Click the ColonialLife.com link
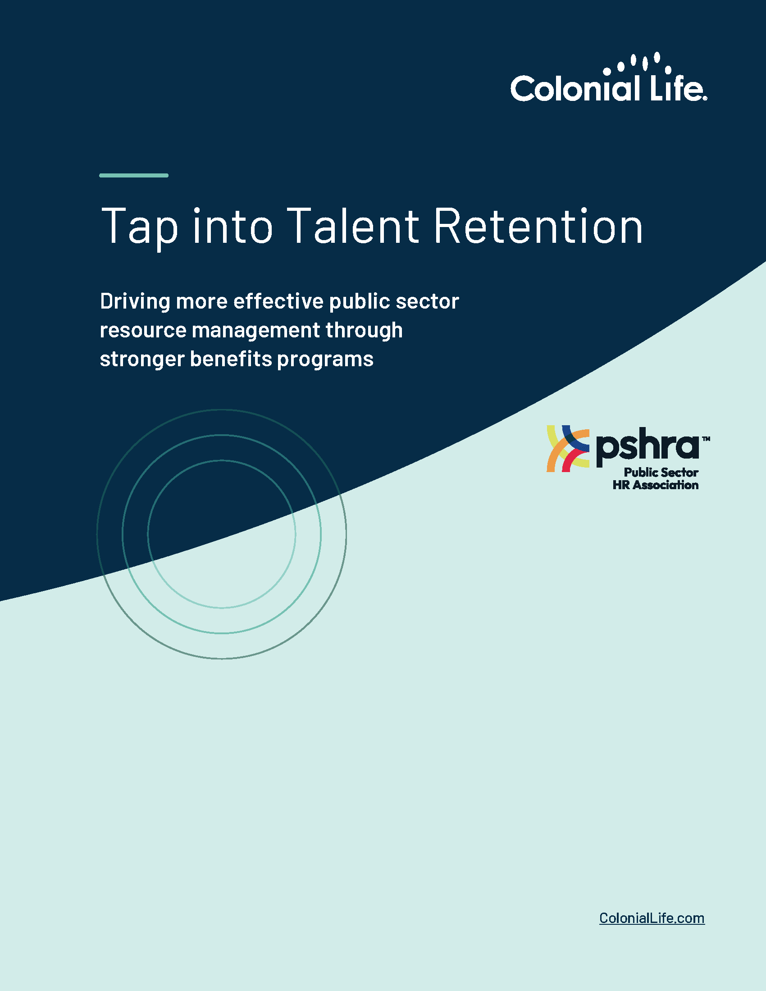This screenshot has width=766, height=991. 652,918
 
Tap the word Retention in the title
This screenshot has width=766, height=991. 538,226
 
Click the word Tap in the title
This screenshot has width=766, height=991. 139,227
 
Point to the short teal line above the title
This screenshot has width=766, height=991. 134,175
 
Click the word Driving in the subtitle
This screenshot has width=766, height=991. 135,302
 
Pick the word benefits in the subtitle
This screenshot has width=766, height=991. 231,359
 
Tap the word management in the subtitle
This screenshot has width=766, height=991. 256,330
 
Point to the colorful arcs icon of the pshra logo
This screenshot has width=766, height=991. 568,448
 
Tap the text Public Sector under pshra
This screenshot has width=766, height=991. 661,473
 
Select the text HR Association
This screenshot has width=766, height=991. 655,485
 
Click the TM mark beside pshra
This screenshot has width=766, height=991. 706,439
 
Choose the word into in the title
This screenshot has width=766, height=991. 233,226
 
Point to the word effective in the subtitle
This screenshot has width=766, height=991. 278,302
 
